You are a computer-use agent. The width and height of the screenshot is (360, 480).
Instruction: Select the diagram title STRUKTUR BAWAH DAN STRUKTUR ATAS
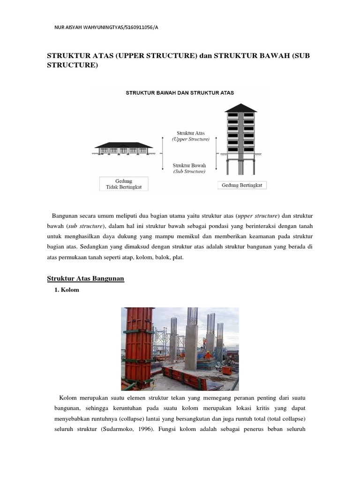(x=180, y=93)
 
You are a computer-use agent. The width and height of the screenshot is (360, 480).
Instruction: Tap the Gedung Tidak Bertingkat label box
(x=124, y=184)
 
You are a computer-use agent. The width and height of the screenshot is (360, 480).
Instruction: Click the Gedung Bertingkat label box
(x=242, y=185)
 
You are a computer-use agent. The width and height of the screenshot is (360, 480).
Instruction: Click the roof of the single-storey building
(x=124, y=145)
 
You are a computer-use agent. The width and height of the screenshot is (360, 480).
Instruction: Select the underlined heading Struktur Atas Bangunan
(x=85, y=278)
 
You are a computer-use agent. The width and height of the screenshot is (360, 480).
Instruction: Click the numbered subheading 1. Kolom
(x=67, y=290)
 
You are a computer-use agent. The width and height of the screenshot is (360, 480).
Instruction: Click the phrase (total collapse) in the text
(x=286, y=418)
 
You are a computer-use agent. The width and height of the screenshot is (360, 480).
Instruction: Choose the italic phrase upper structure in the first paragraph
(x=258, y=215)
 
